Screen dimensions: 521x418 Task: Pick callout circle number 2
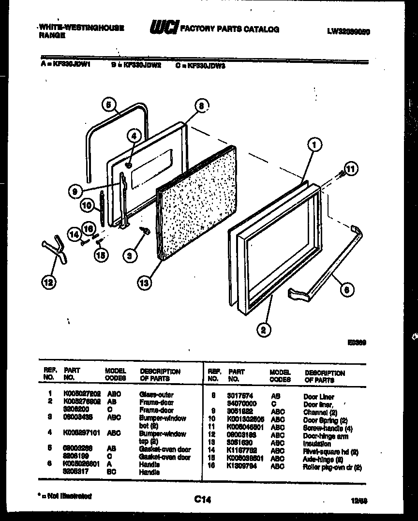[x=263, y=330]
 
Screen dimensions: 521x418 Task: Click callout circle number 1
[x=314, y=145]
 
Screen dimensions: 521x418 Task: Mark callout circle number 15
[x=101, y=255]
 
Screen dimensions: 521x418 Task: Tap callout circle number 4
[x=134, y=137]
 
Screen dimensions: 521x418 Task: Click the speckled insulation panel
[x=198, y=203]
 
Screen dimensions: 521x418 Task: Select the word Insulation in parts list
[x=317, y=444]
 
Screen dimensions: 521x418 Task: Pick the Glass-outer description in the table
[x=156, y=395]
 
